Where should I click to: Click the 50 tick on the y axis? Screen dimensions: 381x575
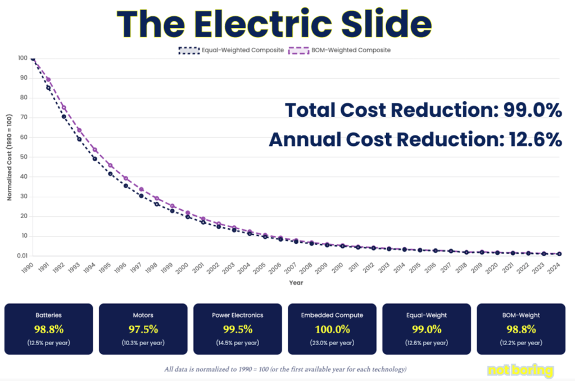(23, 157)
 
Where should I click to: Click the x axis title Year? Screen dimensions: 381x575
(296, 283)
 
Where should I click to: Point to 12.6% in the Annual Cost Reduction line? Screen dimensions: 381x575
(531, 138)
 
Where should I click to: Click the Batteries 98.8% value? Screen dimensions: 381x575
(48, 329)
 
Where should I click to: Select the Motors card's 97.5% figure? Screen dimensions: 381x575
(143, 329)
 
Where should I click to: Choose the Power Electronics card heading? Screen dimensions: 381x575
(237, 315)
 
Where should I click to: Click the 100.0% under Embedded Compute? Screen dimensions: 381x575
(332, 329)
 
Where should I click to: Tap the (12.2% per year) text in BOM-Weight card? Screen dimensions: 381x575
(520, 342)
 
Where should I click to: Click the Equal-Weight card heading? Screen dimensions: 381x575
(426, 315)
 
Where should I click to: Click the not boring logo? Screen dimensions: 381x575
(520, 370)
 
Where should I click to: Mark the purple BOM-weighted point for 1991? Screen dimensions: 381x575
(48, 79)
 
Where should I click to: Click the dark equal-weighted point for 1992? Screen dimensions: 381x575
(64, 117)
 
